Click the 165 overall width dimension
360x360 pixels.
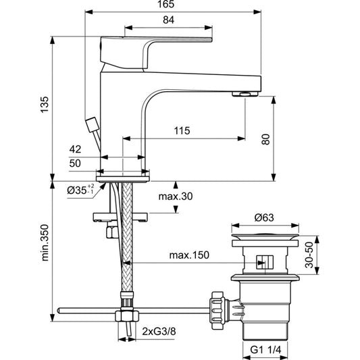(x=165, y=4)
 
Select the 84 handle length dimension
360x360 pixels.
(x=169, y=20)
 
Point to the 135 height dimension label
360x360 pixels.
(x=45, y=105)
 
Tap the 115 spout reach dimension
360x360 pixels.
(x=182, y=130)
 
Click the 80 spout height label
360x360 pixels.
(x=266, y=139)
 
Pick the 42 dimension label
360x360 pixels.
(x=75, y=149)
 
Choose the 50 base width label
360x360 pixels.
(x=75, y=163)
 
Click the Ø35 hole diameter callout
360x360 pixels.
(x=80, y=190)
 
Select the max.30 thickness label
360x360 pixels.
(x=176, y=197)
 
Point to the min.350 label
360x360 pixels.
(x=45, y=242)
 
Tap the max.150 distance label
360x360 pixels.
(x=189, y=255)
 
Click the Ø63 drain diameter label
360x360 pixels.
(x=264, y=217)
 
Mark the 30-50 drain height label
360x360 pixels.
(x=309, y=255)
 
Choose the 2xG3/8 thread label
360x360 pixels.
(x=159, y=332)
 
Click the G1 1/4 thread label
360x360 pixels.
(x=265, y=350)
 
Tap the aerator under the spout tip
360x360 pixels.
(x=245, y=94)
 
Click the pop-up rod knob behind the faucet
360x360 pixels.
(x=93, y=125)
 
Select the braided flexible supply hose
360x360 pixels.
(x=127, y=239)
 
